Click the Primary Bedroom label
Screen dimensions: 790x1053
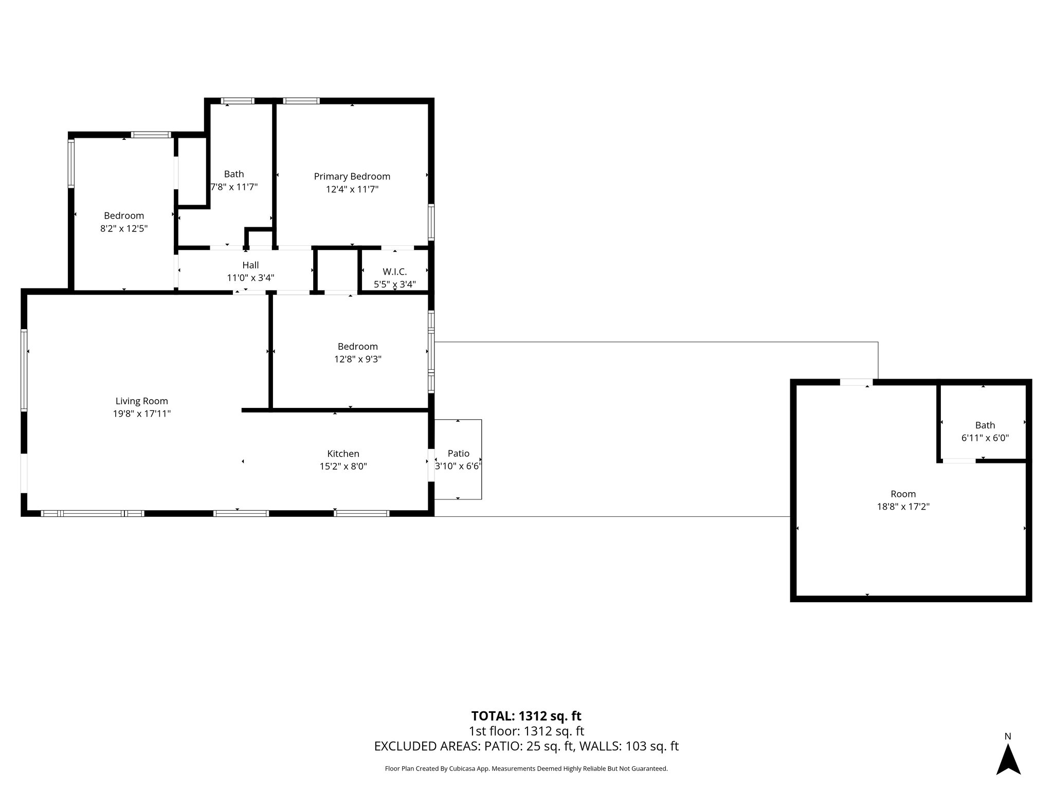[352, 176]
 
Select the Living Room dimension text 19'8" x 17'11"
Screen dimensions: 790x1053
[142, 414]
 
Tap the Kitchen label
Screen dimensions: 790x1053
[343, 454]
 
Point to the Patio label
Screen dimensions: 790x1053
[458, 453]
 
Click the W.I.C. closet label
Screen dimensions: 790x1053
[394, 272]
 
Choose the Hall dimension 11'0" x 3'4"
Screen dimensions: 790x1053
[250, 278]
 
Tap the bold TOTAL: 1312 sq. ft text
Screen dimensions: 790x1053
[526, 716]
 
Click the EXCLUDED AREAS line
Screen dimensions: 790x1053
[526, 746]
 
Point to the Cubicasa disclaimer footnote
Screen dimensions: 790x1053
[526, 768]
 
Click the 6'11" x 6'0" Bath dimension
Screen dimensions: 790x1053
[985, 438]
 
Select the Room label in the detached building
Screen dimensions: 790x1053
[903, 494]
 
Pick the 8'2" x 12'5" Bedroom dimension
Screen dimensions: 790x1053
[124, 228]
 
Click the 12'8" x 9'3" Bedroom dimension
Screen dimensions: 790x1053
[358, 359]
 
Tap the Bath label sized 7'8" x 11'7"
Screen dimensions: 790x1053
[234, 174]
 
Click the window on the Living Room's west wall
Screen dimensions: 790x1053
[24, 370]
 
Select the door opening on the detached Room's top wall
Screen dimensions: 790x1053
[856, 382]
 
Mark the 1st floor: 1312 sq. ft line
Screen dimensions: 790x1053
[526, 731]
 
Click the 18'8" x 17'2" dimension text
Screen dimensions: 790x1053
[903, 507]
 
